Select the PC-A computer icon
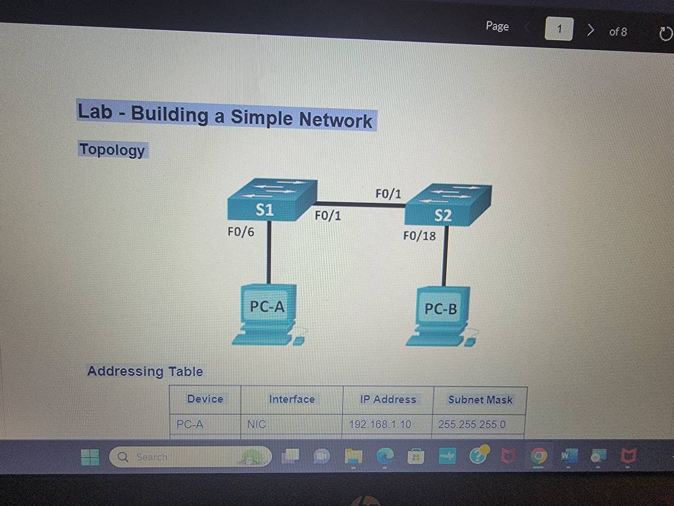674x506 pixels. coord(269,314)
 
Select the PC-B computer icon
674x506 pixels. coord(442,316)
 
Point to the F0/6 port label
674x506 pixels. coord(241,232)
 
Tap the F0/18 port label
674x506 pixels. coord(419,236)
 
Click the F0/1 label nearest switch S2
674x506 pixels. coord(388,194)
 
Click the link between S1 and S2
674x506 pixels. coord(361,204)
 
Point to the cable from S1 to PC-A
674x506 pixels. coord(269,252)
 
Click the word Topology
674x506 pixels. coord(112,150)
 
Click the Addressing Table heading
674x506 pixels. coord(145,371)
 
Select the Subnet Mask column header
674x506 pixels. coord(480,400)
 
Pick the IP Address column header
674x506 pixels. coord(388,399)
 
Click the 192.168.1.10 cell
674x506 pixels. coord(380,424)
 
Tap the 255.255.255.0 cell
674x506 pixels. coord(471,424)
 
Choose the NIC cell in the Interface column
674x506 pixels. coord(257,424)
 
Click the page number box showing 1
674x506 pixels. coord(559,29)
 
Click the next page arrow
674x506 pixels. coord(591,30)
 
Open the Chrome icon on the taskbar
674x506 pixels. coord(538,455)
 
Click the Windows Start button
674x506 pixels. coord(90,457)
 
